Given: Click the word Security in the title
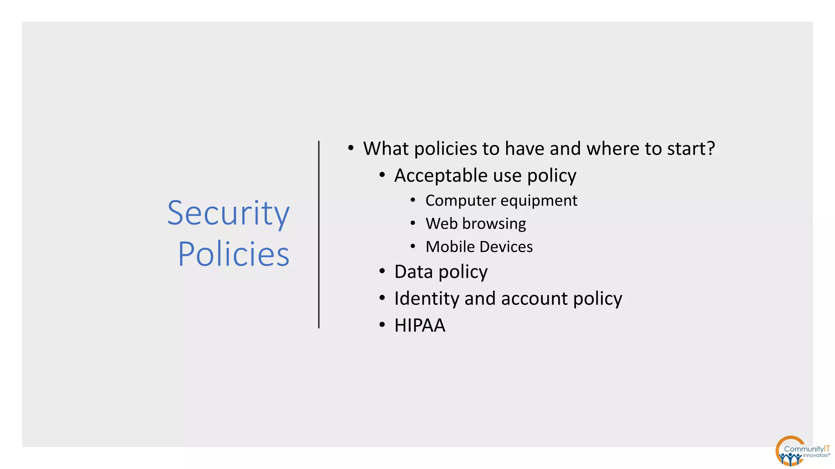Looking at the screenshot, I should click(x=228, y=213).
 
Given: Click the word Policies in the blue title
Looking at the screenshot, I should click(x=234, y=254).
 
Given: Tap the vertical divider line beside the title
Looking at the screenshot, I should click(x=319, y=234).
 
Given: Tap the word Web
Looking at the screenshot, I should click(x=441, y=224).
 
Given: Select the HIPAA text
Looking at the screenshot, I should click(x=420, y=325).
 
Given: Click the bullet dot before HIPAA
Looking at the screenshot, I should click(x=382, y=325).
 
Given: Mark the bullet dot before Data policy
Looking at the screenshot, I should click(x=382, y=271).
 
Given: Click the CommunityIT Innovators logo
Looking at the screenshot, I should click(x=801, y=451).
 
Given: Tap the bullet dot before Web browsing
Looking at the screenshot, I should click(x=413, y=223).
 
